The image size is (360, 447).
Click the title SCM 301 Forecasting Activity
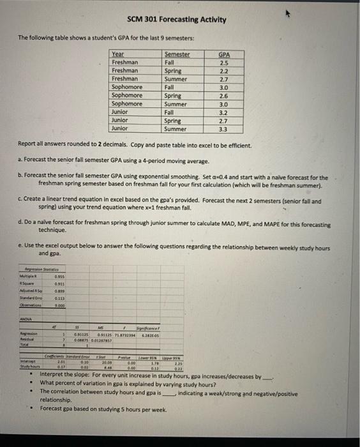point(176,19)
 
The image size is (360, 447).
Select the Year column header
point(118,55)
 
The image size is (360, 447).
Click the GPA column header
point(224,55)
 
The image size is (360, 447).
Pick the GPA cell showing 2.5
point(224,63)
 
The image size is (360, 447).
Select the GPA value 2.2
point(224,71)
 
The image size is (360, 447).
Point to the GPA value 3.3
point(224,128)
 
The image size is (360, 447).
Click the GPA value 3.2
point(224,112)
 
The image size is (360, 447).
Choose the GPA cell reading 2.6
point(224,96)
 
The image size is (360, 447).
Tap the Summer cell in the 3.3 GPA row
point(176,128)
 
